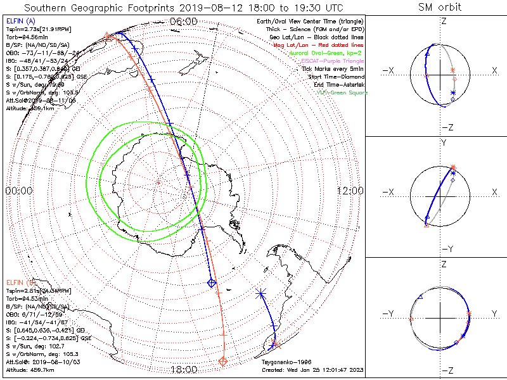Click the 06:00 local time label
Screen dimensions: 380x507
(x=184, y=22)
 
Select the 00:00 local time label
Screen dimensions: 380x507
(x=19, y=191)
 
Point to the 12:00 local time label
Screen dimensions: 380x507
(x=350, y=191)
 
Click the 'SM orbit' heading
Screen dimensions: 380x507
(x=440, y=8)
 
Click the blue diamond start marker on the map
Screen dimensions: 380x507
(x=212, y=283)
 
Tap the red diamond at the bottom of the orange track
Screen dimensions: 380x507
(x=222, y=361)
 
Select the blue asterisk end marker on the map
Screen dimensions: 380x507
(x=260, y=293)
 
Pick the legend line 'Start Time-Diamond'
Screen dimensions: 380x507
(x=335, y=76)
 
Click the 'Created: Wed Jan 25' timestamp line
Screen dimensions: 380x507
(x=313, y=369)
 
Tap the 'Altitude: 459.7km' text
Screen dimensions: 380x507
(x=30, y=369)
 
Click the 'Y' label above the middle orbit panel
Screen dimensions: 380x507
(x=442, y=143)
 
